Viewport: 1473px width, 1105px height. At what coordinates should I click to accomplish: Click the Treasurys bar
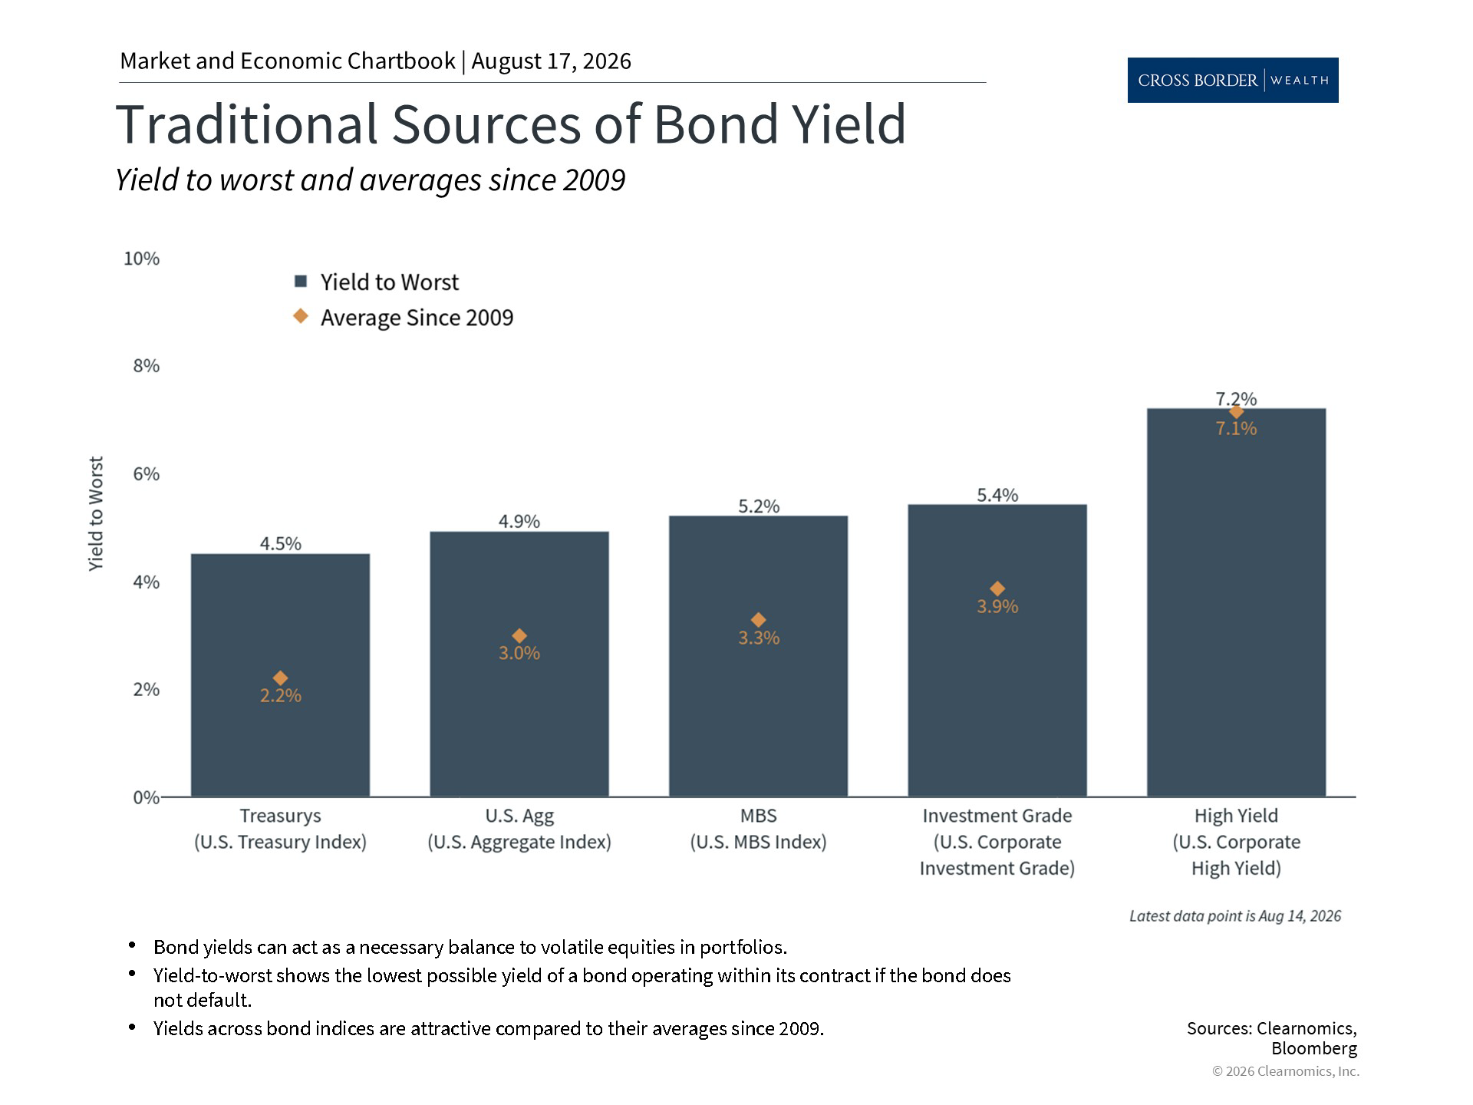pos(280,675)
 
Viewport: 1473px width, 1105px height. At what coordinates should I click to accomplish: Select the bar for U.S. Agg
pos(519,664)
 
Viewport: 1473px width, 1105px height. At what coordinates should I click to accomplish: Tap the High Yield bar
pos(1236,602)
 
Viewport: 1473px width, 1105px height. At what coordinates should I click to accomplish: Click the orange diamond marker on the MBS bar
pos(758,620)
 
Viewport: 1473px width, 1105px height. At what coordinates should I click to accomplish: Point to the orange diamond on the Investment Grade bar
pos(997,589)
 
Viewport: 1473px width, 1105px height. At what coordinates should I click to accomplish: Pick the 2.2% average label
pos(280,696)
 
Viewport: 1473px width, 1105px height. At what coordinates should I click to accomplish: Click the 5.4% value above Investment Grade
pos(997,496)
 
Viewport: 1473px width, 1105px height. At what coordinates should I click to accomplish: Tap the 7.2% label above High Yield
pos(1236,399)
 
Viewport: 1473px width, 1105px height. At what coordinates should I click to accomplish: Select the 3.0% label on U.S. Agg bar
pos(519,654)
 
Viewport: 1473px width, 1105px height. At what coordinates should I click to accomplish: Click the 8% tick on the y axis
pos(146,366)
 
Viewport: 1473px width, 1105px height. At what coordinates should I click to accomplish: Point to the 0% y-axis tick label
pos(146,798)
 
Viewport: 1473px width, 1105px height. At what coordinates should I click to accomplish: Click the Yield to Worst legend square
pos(302,282)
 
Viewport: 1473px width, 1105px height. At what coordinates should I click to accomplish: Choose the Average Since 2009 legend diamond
pos(302,316)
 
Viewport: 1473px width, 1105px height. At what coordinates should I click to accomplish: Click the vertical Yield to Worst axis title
pos(95,514)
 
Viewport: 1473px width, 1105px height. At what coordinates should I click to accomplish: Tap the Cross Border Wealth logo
pos(1233,80)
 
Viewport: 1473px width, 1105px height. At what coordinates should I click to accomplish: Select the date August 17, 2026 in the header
pos(551,61)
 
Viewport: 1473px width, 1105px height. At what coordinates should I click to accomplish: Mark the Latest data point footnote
pos(1235,916)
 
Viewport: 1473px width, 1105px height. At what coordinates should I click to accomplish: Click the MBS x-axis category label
pos(758,816)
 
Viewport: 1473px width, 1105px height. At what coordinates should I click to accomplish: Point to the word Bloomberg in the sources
pos(1314,1049)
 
